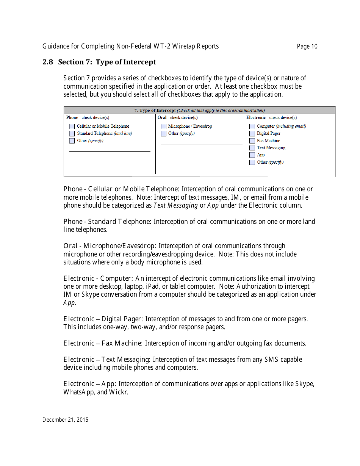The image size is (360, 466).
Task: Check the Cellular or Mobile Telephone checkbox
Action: [72, 127]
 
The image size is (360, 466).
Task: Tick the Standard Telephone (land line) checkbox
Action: [72, 134]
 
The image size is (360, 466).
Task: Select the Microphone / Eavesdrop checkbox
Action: [164, 127]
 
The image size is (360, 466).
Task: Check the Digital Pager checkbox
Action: [252, 134]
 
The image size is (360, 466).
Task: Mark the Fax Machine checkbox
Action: [252, 141]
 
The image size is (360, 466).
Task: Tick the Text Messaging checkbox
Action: [252, 148]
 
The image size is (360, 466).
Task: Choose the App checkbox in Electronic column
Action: [252, 155]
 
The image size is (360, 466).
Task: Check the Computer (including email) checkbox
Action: [252, 127]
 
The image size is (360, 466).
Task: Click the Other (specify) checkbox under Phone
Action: [72, 141]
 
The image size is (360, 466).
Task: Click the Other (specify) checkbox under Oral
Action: [164, 134]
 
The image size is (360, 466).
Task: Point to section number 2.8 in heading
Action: [48, 62]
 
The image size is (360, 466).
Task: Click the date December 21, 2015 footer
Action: [65, 420]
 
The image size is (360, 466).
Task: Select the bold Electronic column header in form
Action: [256, 118]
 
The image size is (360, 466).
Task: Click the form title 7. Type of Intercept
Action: [155, 110]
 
